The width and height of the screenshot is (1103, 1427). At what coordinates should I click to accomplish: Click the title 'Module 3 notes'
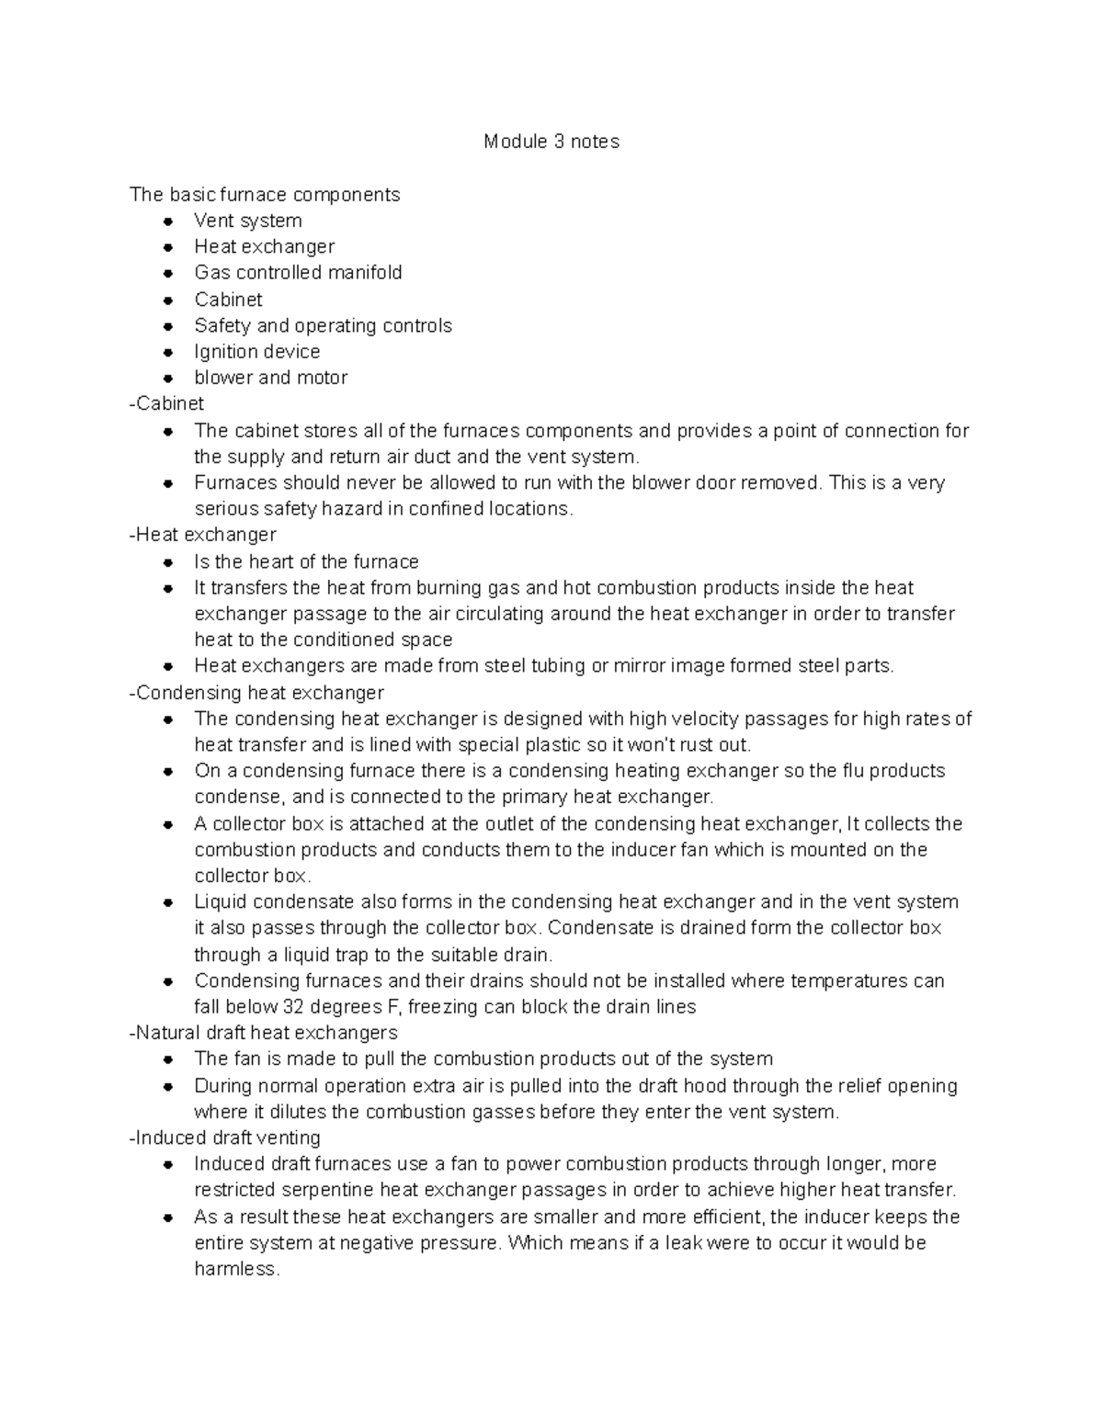pyautogui.click(x=551, y=142)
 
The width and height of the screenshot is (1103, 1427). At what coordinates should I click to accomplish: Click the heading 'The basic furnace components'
pyautogui.click(x=265, y=195)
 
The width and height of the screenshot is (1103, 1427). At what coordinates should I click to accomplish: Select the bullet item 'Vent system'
pyautogui.click(x=247, y=221)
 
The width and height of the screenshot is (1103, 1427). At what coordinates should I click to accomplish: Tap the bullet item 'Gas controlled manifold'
pyautogui.click(x=298, y=273)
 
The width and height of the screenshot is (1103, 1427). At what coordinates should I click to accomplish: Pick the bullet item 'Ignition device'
pyautogui.click(x=256, y=352)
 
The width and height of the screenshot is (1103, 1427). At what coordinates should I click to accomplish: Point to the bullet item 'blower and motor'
pyautogui.click(x=270, y=378)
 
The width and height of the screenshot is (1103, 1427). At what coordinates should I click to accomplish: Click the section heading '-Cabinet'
pyautogui.click(x=167, y=403)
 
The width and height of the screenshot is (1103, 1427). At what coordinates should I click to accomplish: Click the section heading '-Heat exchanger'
pyautogui.click(x=203, y=535)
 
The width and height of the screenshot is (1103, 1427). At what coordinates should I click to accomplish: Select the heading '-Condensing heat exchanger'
pyautogui.click(x=256, y=692)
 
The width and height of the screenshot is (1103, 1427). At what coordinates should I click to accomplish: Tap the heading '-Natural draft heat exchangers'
pyautogui.click(x=264, y=1033)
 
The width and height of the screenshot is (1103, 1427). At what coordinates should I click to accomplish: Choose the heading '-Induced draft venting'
pyautogui.click(x=225, y=1138)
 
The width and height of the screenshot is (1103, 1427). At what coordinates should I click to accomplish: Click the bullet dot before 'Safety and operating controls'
pyautogui.click(x=168, y=326)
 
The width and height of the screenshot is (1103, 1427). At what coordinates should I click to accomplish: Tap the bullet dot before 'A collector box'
pyautogui.click(x=168, y=824)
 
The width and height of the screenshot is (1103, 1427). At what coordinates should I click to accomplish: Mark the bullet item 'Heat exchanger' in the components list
pyautogui.click(x=264, y=246)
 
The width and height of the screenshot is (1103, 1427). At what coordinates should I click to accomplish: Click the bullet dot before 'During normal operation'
pyautogui.click(x=168, y=1086)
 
